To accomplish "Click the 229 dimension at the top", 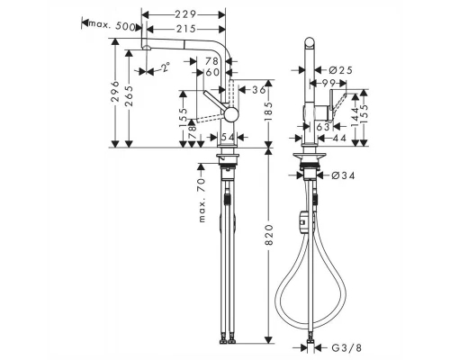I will [186, 15].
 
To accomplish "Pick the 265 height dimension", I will [131, 96].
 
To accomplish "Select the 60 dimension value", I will [211, 72].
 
